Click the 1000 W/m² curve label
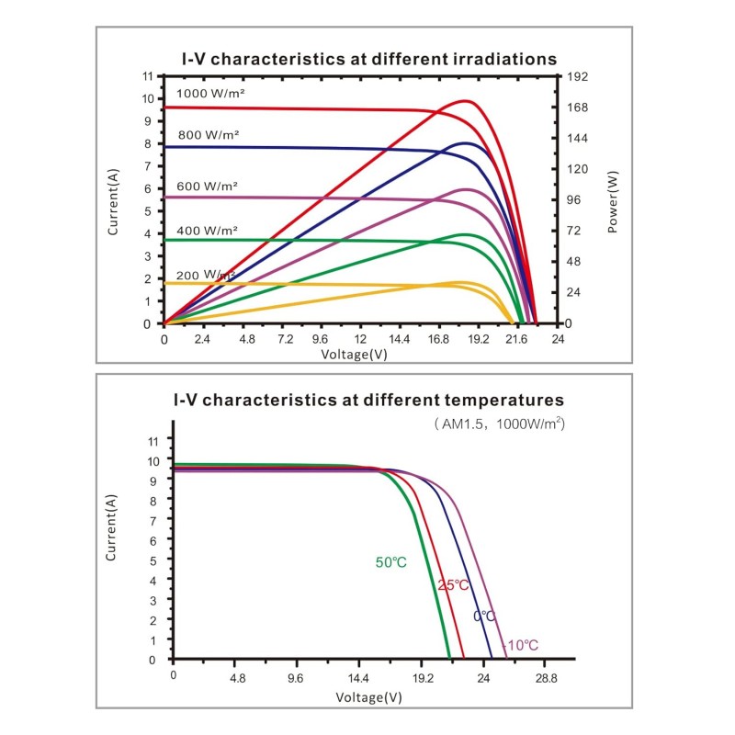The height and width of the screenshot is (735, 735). pos(210,94)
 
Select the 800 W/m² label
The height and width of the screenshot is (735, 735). pos(208,134)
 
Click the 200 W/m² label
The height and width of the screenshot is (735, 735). pos(205,274)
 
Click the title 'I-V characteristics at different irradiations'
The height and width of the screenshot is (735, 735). pos(368,59)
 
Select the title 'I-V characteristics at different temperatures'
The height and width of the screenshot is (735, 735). pos(368,401)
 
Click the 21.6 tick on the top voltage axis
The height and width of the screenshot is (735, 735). pos(517,339)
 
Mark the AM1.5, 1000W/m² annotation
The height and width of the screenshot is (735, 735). pos(499,424)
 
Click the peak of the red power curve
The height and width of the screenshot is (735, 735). pos(466,101)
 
